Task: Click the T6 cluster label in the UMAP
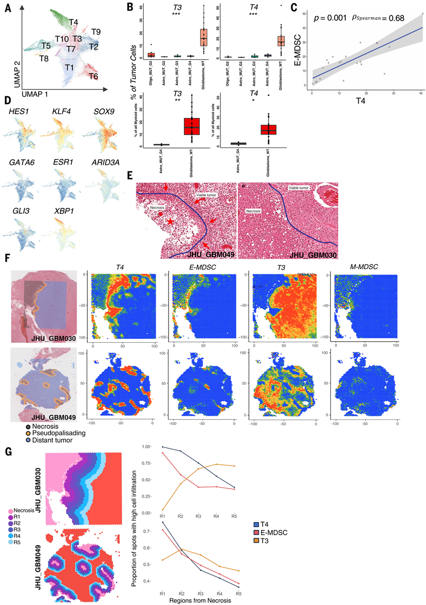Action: click(93, 76)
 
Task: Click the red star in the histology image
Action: click(170, 222)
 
